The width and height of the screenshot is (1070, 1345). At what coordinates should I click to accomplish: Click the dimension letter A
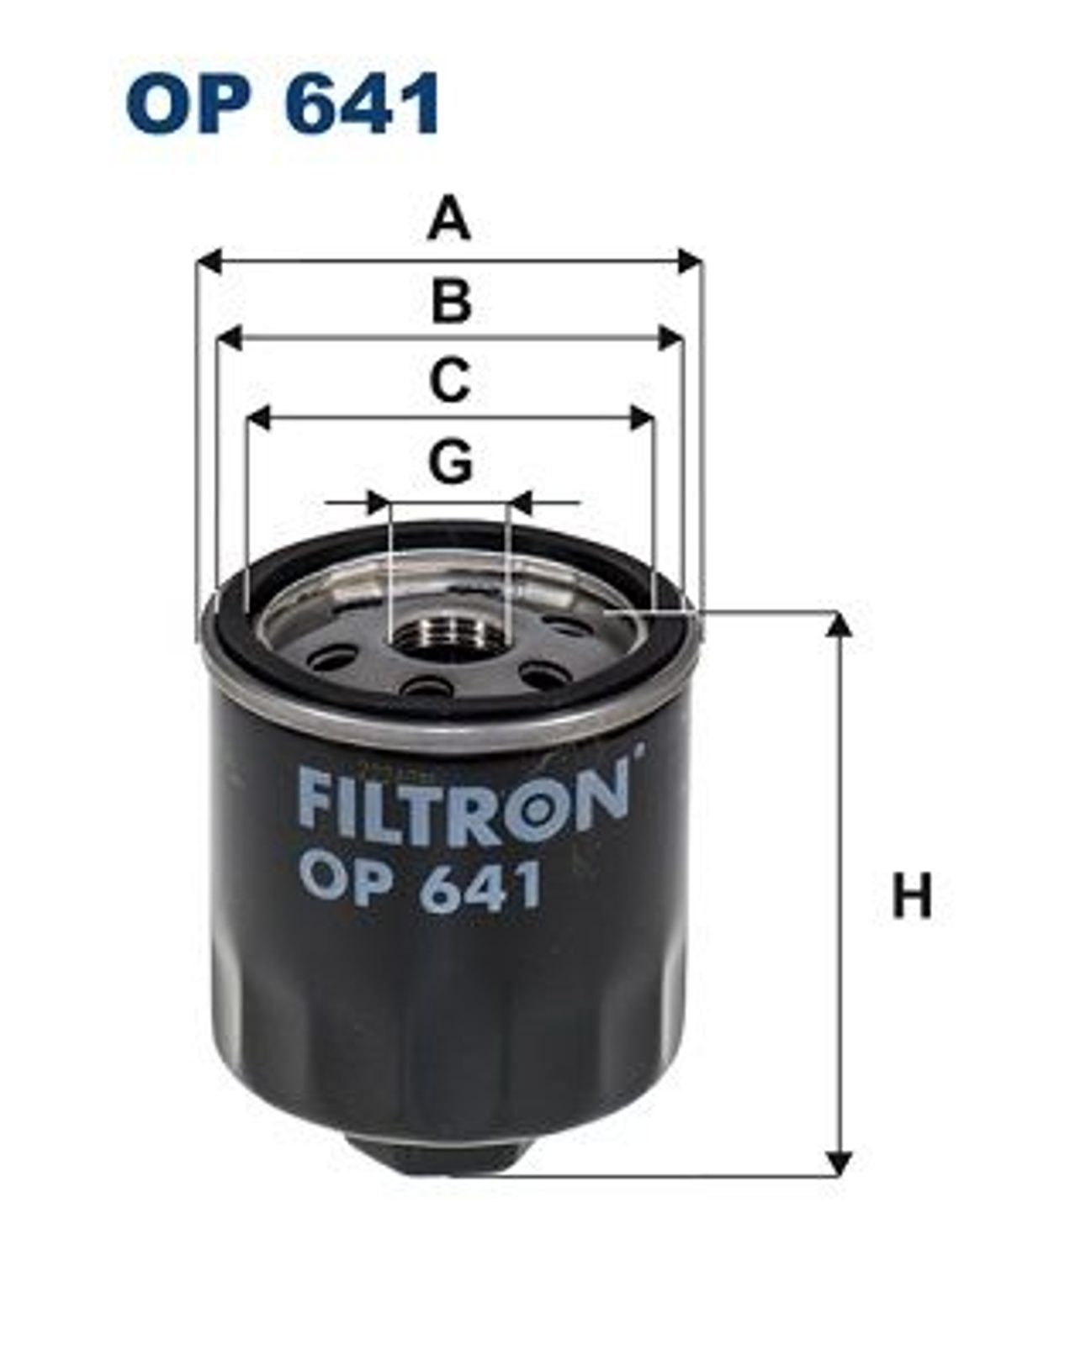(x=448, y=218)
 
